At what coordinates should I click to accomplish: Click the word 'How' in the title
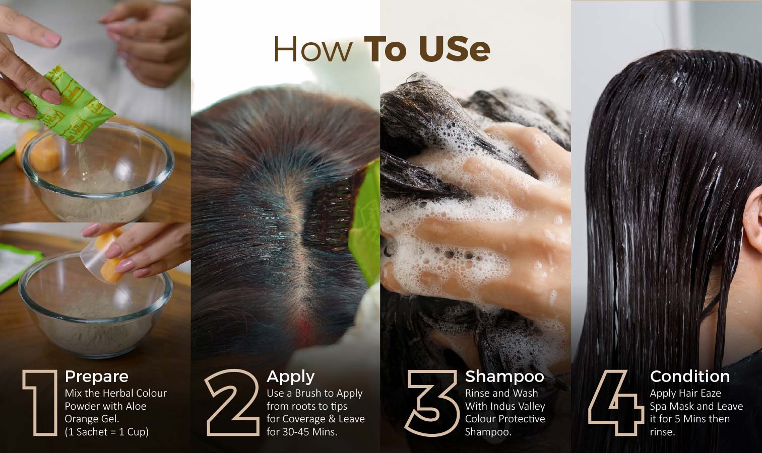[x=313, y=50]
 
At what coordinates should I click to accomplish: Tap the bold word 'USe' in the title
[x=455, y=50]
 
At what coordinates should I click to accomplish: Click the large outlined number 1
[x=41, y=403]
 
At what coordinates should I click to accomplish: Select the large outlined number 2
[x=233, y=402]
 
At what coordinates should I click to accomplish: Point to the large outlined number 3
[x=431, y=403]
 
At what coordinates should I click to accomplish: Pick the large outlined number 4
[x=616, y=403]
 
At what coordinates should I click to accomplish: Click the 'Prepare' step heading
[x=97, y=376]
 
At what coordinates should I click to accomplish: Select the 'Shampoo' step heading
[x=504, y=376]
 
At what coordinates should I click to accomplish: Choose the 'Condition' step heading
[x=690, y=376]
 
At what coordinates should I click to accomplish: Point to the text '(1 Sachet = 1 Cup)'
[x=106, y=432]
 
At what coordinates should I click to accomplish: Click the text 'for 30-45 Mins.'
[x=302, y=432]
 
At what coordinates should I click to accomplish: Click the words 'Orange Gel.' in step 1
[x=92, y=419]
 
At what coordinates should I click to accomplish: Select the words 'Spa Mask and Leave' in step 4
[x=696, y=406]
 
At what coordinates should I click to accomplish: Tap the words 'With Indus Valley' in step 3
[x=505, y=406]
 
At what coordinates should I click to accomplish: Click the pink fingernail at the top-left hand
[x=52, y=39]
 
